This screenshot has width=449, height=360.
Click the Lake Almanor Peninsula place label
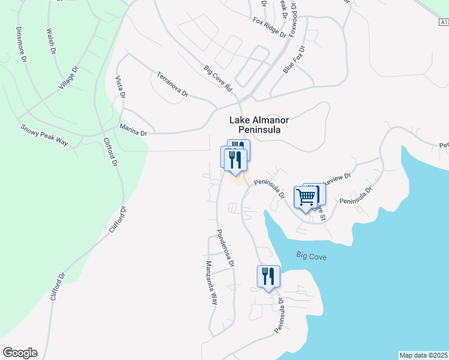(255, 124)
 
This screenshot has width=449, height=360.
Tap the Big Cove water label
(312, 256)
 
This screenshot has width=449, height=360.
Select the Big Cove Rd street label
(217, 79)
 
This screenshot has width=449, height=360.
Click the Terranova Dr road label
(172, 85)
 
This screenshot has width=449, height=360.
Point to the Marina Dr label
(133, 130)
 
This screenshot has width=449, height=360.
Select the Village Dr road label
(68, 79)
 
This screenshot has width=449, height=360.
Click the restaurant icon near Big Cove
(268, 277)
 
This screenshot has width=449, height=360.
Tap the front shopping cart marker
(306, 197)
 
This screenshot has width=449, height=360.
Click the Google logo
(20, 353)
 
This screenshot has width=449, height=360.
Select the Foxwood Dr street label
(294, 17)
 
